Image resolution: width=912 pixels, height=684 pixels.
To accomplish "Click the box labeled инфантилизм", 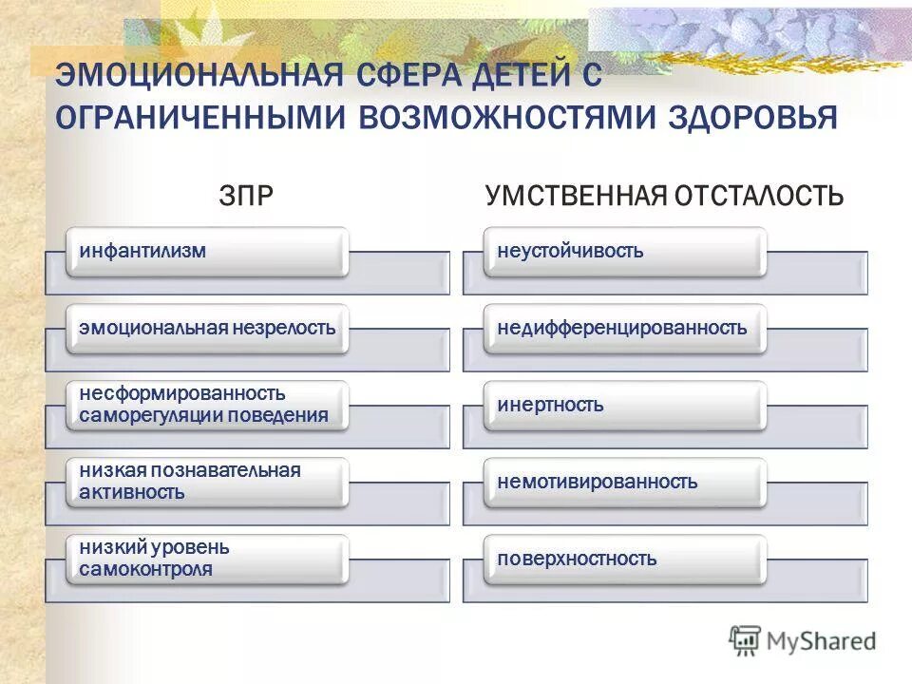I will coord(206,252).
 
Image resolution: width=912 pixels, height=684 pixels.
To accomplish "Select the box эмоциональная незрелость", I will coord(206,329).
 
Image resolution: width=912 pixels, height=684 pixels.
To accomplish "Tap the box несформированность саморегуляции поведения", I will coord(206,405).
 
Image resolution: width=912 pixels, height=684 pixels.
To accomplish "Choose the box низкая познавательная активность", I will coord(206,482).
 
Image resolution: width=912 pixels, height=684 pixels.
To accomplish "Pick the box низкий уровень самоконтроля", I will coord(206,559).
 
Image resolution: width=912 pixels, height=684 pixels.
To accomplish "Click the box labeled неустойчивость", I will coord(624,252).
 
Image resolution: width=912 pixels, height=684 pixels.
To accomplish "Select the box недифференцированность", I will coord(624,329).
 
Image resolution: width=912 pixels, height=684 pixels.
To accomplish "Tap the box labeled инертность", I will coord(624,405).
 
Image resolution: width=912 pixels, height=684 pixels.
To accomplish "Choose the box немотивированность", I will coord(624,482).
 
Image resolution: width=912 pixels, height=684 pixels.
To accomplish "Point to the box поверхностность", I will coord(624,559).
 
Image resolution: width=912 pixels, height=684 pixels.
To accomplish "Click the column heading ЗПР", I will coord(246,196).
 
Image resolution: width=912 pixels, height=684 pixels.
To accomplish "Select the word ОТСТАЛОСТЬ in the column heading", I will coord(759,196).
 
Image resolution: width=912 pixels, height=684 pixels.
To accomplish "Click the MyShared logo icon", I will coord(745,639).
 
